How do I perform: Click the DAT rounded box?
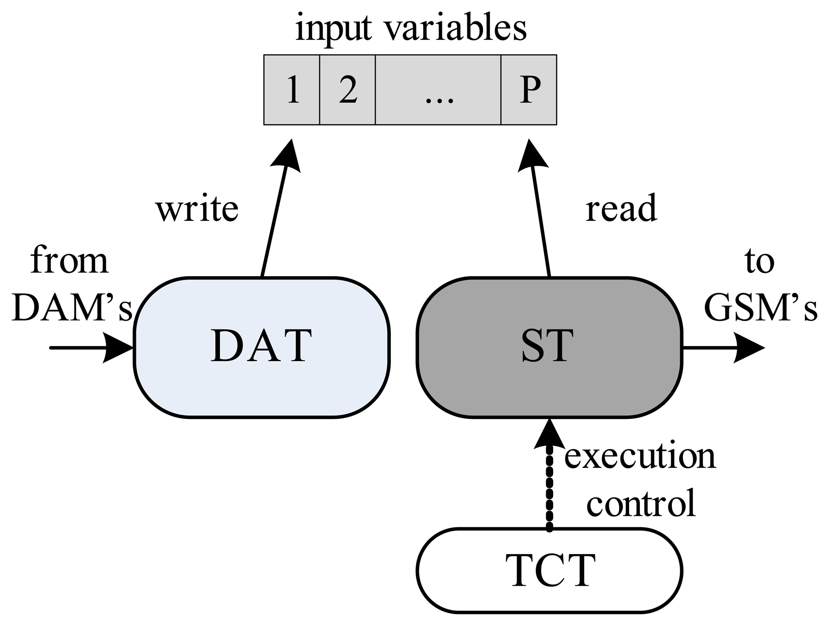pyautogui.click(x=261, y=348)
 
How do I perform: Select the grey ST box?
pyautogui.click(x=549, y=348)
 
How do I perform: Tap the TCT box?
pyautogui.click(x=549, y=571)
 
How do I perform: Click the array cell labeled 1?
pyautogui.click(x=292, y=90)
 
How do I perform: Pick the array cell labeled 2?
pyautogui.click(x=347, y=90)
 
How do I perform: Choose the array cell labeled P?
pyautogui.click(x=529, y=90)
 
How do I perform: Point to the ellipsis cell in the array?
pyautogui.click(x=438, y=90)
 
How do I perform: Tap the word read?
pyautogui.click(x=621, y=208)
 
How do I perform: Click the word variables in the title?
pyautogui.click(x=456, y=28)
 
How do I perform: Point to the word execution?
pyautogui.click(x=640, y=456)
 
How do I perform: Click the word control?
pyautogui.click(x=641, y=503)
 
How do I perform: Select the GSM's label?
pyautogui.click(x=760, y=307)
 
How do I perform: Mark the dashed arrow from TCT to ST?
pyautogui.click(x=549, y=473)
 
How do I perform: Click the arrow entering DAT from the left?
pyautogui.click(x=92, y=347)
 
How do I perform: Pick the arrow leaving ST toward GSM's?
pyautogui.click(x=723, y=347)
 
